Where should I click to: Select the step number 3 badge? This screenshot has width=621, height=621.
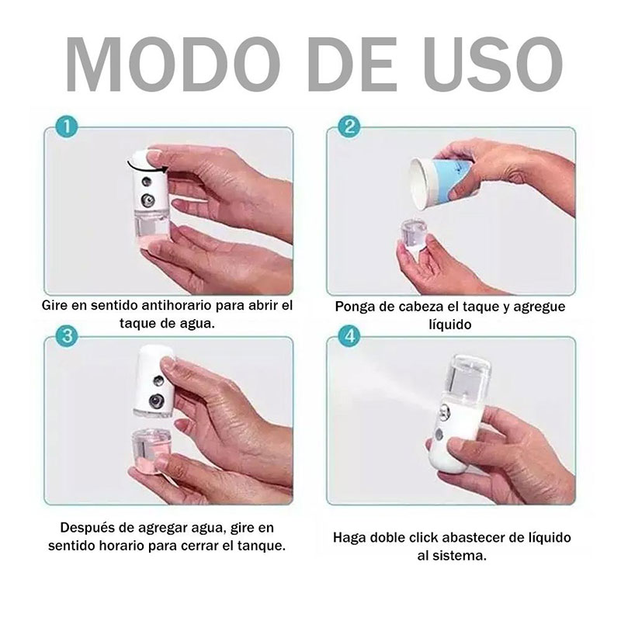(x=68, y=336)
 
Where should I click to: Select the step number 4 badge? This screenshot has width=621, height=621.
(x=349, y=336)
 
